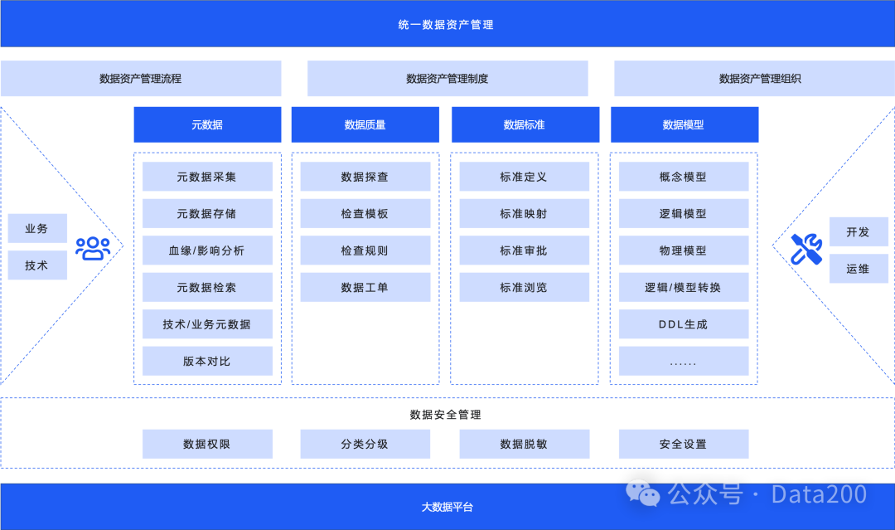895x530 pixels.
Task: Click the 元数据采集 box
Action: pos(207,177)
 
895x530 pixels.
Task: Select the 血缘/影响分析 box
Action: pos(207,250)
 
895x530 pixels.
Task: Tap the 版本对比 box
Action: pos(207,362)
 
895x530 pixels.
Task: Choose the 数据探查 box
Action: pos(365,177)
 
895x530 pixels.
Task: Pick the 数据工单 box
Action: pos(365,288)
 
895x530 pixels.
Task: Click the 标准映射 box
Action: pos(524,214)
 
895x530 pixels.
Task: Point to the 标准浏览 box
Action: pos(524,288)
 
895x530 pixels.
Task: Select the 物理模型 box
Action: pos(683,250)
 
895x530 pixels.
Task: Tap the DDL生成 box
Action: pos(683,324)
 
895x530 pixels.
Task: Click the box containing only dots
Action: pos(683,362)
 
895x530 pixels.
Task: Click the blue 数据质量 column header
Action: pos(365,124)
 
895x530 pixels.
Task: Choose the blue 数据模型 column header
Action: pos(684,124)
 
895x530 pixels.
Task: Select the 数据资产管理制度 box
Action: pos(447,79)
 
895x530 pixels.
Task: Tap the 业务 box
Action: pos(37,228)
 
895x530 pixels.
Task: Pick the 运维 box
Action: pos(859,269)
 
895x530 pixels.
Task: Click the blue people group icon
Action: pos(93,247)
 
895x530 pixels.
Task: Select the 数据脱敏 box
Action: pos(524,445)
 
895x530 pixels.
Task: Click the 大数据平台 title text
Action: pos(447,507)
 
